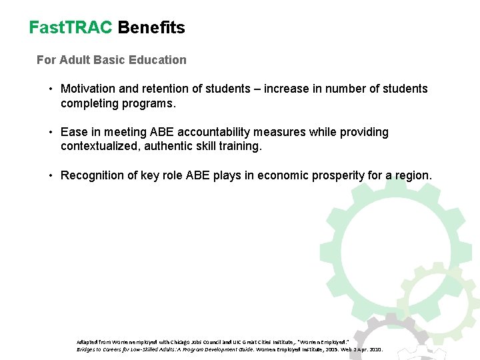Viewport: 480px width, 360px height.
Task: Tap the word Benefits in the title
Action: point(151,27)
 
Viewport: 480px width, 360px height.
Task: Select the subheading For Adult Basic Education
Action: point(111,60)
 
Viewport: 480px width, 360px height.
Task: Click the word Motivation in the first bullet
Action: point(87,89)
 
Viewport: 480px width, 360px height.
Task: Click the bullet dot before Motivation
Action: point(51,89)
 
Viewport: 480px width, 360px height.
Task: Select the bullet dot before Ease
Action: point(51,132)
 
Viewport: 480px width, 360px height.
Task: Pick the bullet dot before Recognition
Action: point(51,175)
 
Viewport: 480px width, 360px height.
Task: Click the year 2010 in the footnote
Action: point(375,349)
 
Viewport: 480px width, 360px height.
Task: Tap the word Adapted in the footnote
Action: point(87,341)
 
